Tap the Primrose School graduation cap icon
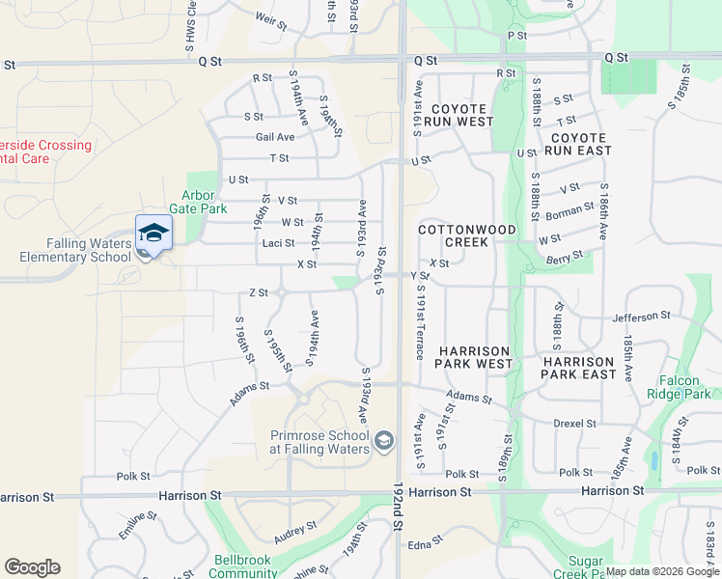tap(384, 441)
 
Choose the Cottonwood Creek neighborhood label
tap(467, 235)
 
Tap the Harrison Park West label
tap(475, 357)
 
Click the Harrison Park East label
tap(579, 367)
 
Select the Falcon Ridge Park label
tap(685, 387)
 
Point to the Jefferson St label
tap(641, 316)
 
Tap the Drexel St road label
tap(576, 424)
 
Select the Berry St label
tap(564, 256)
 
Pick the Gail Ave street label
tap(275, 137)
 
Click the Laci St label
tap(278, 243)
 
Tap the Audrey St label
tap(289, 531)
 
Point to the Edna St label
tap(420, 544)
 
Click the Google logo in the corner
tap(32, 567)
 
